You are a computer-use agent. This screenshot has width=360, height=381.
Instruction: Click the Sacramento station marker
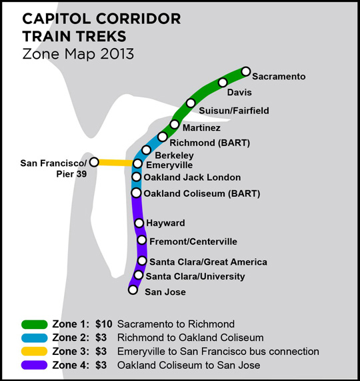[245, 71]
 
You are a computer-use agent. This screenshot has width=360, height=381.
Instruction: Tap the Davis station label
[239, 92]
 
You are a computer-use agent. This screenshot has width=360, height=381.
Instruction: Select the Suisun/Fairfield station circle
[191, 103]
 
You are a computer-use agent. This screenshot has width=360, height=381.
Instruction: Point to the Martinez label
[201, 127]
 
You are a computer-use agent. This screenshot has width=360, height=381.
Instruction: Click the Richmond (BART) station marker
[163, 137]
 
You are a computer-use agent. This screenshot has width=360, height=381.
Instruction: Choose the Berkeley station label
[174, 155]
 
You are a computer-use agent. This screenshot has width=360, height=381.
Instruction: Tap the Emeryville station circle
[137, 163]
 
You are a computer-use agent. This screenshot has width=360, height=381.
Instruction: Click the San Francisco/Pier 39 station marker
[94, 162]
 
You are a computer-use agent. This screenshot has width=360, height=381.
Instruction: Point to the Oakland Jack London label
[192, 177]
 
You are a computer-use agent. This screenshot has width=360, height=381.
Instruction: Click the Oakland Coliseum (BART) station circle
[136, 193]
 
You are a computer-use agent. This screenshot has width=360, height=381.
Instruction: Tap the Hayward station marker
[139, 223]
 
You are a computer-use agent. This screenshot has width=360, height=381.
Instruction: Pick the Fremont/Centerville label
[193, 242]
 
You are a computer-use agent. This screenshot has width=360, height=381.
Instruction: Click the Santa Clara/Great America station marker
[142, 261]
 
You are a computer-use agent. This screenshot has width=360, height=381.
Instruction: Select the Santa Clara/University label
[195, 276]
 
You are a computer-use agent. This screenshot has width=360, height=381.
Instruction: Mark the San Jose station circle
[133, 290]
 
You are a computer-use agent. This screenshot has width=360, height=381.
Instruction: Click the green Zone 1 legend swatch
[34, 324]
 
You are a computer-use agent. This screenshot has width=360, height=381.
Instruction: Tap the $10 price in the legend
[103, 324]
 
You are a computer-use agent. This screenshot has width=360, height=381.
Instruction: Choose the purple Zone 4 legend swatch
[34, 365]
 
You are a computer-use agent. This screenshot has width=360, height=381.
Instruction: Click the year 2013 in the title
[117, 53]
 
